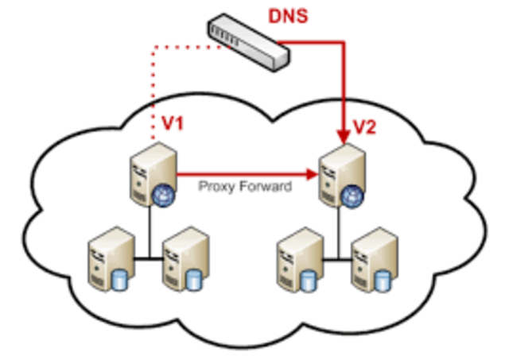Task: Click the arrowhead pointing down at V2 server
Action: (344, 134)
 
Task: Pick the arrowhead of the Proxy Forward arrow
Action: (311, 172)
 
